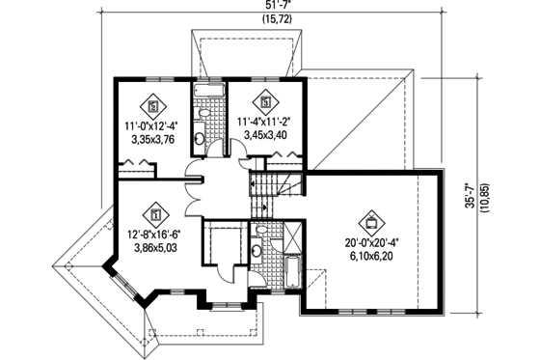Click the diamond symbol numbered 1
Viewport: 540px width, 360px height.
pyautogui.click(x=154, y=212)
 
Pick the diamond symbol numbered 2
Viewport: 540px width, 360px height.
pyautogui.click(x=153, y=105)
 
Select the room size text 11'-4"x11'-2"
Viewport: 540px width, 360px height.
pyautogui.click(x=264, y=122)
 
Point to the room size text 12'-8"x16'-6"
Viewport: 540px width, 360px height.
pyautogui.click(x=154, y=233)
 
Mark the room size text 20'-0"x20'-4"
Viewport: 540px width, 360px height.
pyautogui.click(x=367, y=243)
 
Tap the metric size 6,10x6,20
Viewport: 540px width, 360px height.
pyautogui.click(x=367, y=258)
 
